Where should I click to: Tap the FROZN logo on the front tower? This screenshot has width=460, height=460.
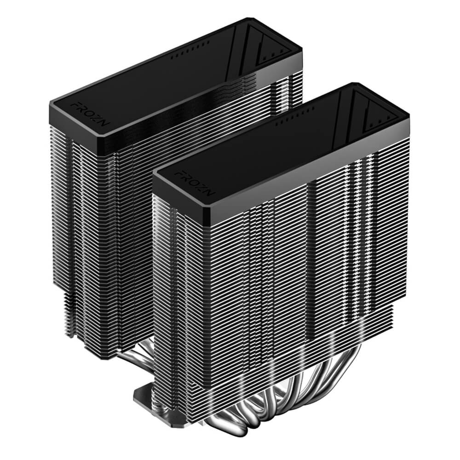(x=195, y=184)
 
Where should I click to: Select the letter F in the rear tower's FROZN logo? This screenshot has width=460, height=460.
(x=74, y=105)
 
